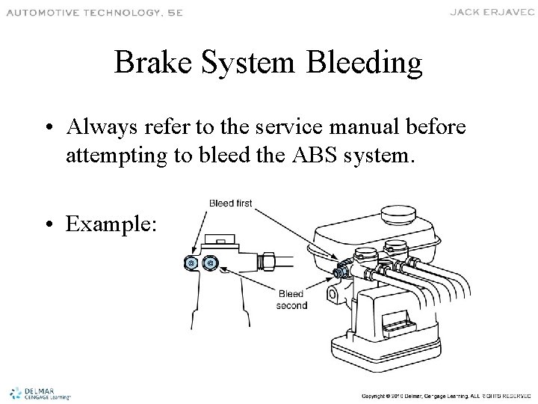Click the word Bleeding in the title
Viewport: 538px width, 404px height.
(365, 64)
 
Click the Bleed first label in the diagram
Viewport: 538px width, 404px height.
(230, 202)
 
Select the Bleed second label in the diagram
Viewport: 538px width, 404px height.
(291, 299)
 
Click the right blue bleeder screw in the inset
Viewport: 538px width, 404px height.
(211, 263)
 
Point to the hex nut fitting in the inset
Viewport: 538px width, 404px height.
(267, 262)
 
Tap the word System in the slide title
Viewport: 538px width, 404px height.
(250, 64)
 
